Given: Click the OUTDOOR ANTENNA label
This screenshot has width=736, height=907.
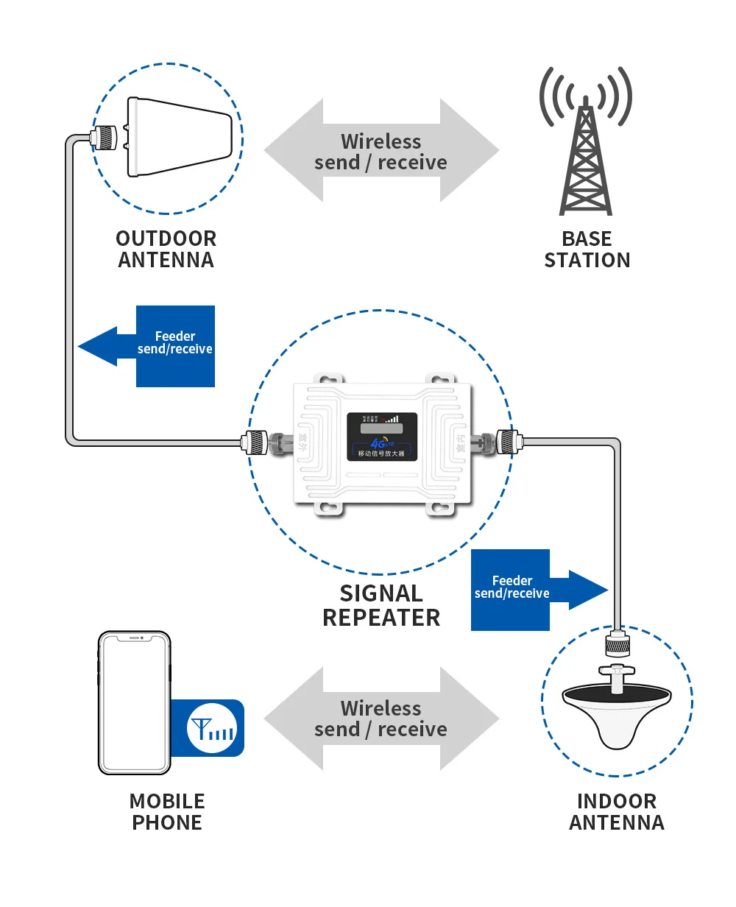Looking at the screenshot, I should (166, 249).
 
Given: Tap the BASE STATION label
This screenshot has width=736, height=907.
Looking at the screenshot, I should (587, 249).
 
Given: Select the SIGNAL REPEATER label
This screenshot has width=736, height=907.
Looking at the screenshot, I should (381, 605).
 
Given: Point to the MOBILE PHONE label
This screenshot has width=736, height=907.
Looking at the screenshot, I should (167, 811).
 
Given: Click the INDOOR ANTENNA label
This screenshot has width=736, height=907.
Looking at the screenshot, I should (617, 811).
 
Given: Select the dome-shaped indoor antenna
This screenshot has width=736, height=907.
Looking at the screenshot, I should (617, 710).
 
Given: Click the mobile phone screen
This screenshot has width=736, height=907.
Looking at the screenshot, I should (134, 703).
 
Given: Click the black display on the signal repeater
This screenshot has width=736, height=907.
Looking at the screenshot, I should (382, 436).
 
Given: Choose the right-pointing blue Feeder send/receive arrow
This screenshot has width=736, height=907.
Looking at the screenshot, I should (537, 590).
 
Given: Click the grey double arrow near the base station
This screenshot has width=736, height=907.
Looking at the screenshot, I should (381, 151).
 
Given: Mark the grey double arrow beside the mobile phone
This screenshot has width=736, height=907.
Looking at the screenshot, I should (381, 719).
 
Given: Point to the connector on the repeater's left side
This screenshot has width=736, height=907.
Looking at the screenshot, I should (266, 442).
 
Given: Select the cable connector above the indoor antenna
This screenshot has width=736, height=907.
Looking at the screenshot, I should (617, 643).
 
